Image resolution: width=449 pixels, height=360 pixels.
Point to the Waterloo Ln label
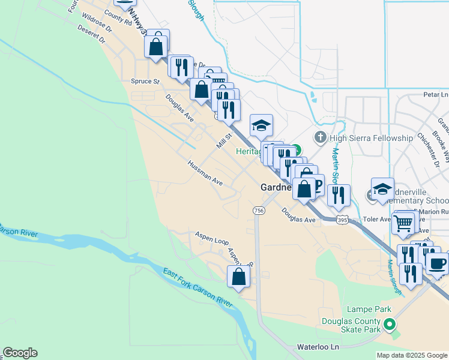[318, 347]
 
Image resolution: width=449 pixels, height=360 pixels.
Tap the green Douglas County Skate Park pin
[390, 325]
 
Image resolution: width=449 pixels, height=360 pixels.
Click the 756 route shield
[259, 210]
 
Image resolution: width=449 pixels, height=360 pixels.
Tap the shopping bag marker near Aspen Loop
[238, 277]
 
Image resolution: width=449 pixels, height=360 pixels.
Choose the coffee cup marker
[437, 263]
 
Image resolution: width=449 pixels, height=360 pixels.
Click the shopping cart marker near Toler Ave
[404, 223]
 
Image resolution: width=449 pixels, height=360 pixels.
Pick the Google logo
[20, 353]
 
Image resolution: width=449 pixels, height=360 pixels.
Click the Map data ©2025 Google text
[412, 355]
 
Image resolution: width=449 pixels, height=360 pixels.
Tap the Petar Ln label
[436, 95]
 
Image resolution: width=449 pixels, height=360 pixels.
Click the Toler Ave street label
[377, 220]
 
